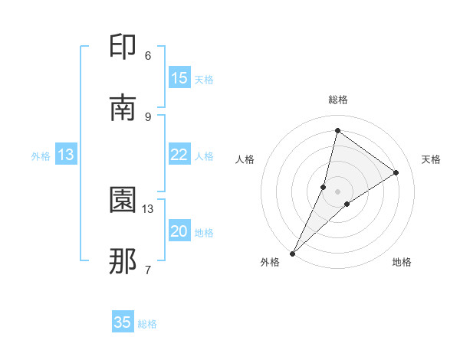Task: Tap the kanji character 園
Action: pos(123,200)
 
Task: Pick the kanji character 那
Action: pos(123,261)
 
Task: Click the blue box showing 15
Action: pos(179,78)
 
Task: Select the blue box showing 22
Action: pos(179,155)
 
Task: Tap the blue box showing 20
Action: pos(179,231)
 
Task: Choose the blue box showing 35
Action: pos(123,322)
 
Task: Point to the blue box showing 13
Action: pos(66,155)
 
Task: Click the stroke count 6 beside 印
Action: pos(148,56)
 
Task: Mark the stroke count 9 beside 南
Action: pos(148,116)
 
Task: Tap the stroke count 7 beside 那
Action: pos(148,270)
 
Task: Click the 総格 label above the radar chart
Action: pos(338,100)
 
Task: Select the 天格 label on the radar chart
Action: pos(432,159)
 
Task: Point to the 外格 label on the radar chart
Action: pos(270,262)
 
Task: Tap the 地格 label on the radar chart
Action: pos(402,262)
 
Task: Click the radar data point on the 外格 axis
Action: pos(293,253)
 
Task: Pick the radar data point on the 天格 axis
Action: pos(396,172)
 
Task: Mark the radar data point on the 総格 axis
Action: pos(337,130)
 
